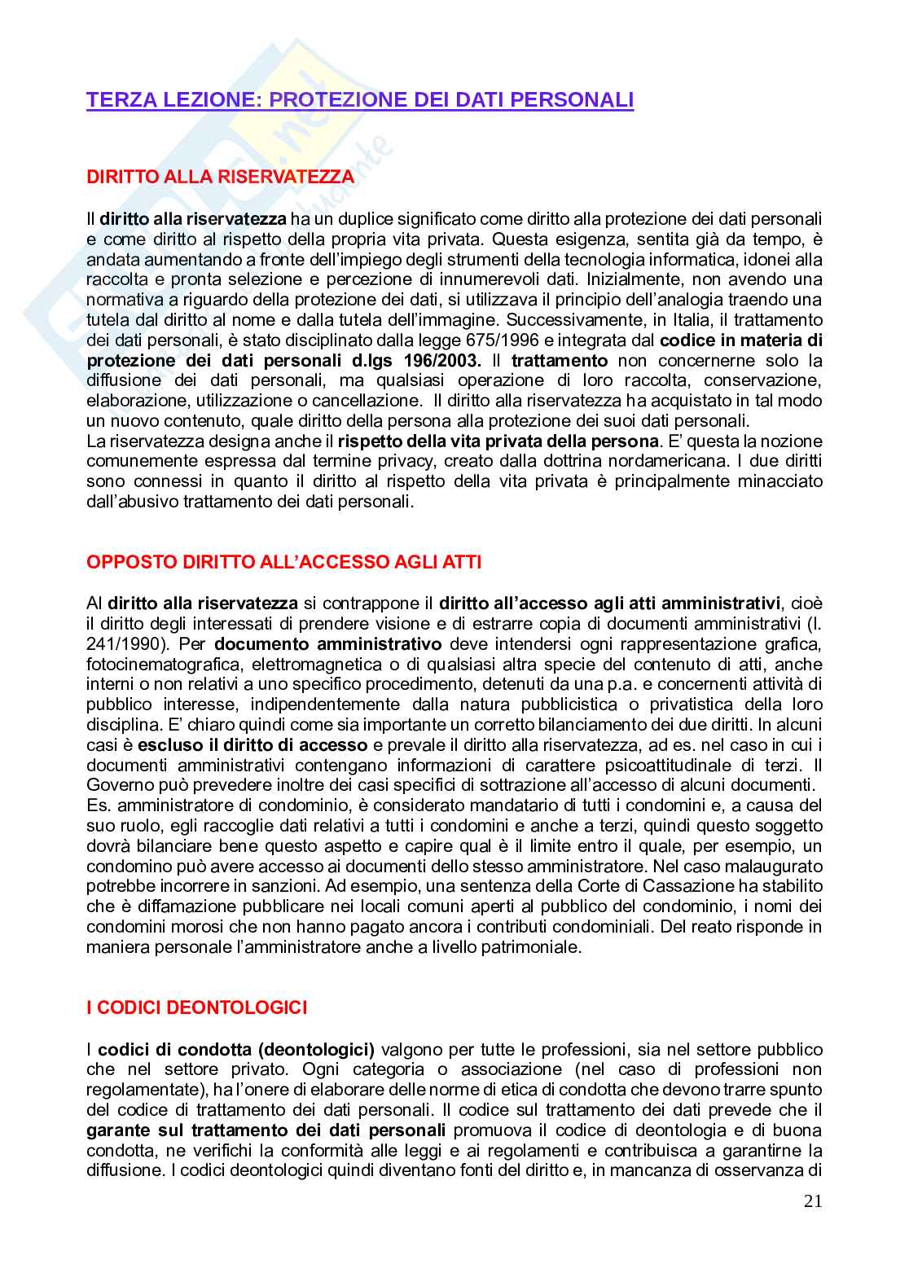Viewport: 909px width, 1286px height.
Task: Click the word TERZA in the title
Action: coord(115,100)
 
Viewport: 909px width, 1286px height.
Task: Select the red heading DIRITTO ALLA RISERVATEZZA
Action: coord(220,177)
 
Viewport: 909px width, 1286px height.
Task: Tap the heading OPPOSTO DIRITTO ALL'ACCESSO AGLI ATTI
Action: coord(283,562)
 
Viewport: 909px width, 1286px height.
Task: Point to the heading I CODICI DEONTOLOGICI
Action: coord(196,1007)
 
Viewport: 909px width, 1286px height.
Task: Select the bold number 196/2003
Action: coord(443,361)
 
